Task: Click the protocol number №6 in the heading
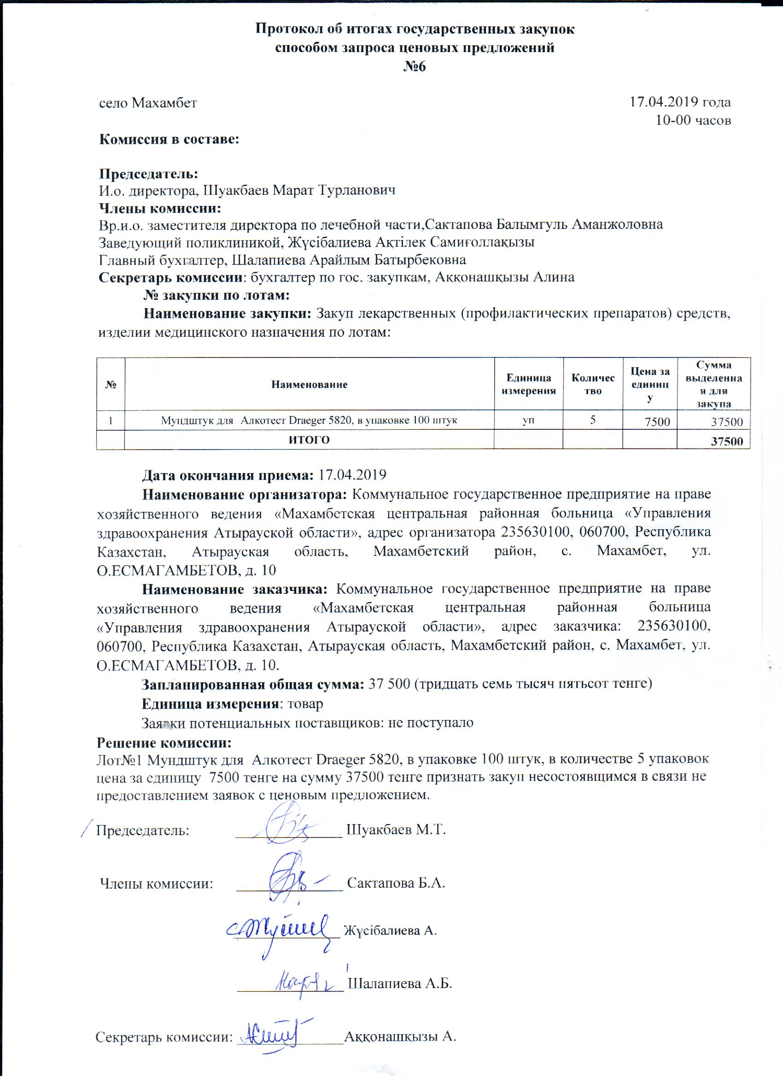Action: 415,66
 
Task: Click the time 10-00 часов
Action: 693,121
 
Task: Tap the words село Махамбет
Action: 148,103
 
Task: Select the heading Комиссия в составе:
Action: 169,140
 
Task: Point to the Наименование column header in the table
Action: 309,385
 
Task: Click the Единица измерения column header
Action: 528,385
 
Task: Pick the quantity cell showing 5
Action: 592,420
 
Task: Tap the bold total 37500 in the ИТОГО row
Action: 726,442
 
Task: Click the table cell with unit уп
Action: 528,420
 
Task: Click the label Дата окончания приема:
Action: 228,475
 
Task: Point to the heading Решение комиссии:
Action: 164,742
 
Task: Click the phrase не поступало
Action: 431,723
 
